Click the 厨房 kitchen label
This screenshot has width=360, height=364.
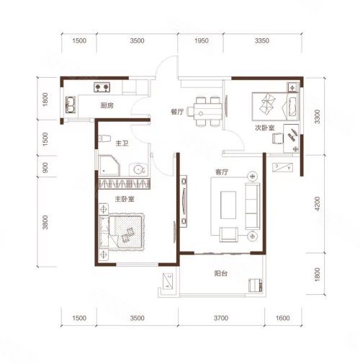click(x=107, y=105)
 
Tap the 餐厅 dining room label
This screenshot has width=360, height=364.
click(x=177, y=112)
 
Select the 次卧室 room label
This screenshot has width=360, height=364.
click(x=265, y=128)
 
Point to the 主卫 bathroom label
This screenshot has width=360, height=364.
click(x=122, y=143)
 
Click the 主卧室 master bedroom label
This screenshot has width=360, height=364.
click(x=125, y=199)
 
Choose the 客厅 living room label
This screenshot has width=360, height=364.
click(x=222, y=172)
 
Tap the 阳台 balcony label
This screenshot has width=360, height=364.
click(x=221, y=273)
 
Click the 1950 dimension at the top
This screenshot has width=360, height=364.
click(x=202, y=40)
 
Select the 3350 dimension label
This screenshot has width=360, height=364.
click(x=262, y=40)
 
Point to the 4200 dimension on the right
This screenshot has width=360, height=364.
click(x=318, y=204)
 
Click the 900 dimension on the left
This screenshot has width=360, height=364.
click(x=45, y=167)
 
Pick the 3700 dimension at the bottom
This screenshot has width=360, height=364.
click(x=221, y=318)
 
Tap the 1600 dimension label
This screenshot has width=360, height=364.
click(x=283, y=318)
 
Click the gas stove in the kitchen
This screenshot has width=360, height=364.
click(x=102, y=87)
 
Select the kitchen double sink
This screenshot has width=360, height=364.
click(x=71, y=105)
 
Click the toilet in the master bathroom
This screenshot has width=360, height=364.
click(x=104, y=138)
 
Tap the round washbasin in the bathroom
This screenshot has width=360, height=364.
click(x=138, y=169)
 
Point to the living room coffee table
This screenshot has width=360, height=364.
click(x=228, y=205)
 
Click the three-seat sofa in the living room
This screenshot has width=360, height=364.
click(x=253, y=206)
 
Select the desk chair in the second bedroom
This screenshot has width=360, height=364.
click(x=278, y=138)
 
